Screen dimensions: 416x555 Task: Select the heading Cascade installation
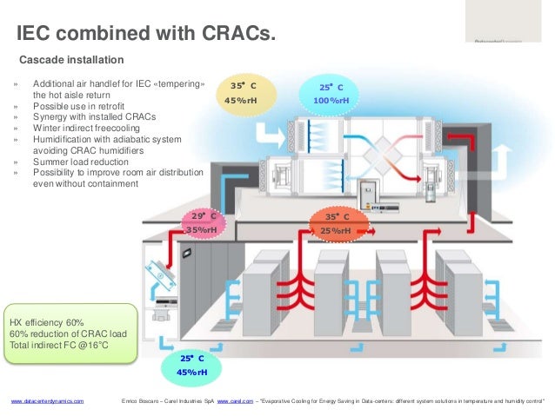point(71,60)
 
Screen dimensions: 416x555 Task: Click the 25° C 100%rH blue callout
point(331,94)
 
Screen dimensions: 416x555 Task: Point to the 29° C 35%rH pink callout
point(204,222)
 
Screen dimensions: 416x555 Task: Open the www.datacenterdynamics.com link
point(47,402)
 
